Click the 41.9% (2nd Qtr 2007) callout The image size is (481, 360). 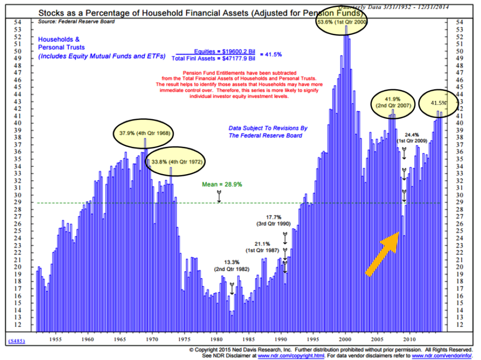(x=393, y=102)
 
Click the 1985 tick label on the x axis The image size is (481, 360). (x=248, y=339)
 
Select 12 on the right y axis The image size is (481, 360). (x=460, y=324)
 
